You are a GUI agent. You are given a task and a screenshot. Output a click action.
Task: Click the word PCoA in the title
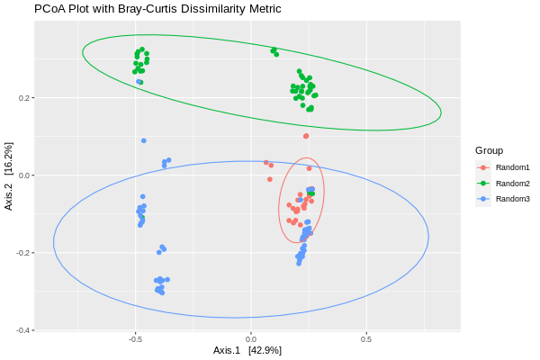pyautogui.click(x=49, y=9)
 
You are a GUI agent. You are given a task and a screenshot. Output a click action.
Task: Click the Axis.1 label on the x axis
pyautogui.click(x=228, y=349)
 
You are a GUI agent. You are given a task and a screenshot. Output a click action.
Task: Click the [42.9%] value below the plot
pyautogui.click(x=265, y=349)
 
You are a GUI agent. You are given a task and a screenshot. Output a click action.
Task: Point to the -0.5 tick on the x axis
pyautogui.click(x=135, y=340)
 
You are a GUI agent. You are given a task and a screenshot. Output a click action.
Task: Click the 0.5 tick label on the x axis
pyautogui.click(x=366, y=340)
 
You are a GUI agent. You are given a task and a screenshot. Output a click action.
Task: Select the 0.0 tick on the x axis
pyautogui.click(x=251, y=340)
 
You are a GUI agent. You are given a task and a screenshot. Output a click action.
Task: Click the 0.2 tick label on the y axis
pyautogui.click(x=24, y=97)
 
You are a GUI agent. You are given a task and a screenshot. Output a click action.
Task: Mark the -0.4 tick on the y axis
pyautogui.click(x=22, y=330)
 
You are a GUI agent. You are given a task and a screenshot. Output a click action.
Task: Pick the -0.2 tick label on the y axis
pyautogui.click(x=22, y=253)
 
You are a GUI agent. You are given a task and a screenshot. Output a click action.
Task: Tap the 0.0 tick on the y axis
pyautogui.click(x=24, y=175)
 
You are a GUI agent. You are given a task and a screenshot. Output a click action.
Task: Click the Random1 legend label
pyautogui.click(x=513, y=167)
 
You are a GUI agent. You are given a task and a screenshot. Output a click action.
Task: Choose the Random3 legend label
pyautogui.click(x=513, y=199)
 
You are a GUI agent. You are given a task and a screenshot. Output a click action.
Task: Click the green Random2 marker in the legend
pyautogui.click(x=484, y=183)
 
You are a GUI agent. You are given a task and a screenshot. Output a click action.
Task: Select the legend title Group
pyautogui.click(x=489, y=150)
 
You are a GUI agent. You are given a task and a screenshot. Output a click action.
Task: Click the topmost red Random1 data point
pyautogui.click(x=306, y=136)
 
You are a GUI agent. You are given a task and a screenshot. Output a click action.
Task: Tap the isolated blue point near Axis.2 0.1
pyautogui.click(x=143, y=140)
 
